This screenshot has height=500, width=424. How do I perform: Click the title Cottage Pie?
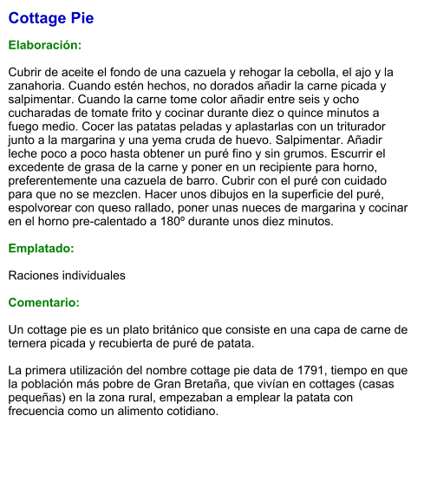coord(50,18)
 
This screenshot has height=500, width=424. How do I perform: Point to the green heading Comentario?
coord(43,303)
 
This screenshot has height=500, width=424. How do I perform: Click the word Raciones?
coord(36,276)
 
